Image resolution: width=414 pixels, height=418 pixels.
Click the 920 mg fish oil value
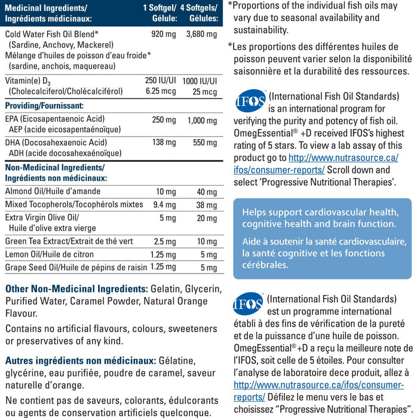click(164, 35)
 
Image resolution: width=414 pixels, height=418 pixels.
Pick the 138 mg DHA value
click(164, 143)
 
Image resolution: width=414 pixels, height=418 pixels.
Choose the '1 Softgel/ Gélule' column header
click(160, 13)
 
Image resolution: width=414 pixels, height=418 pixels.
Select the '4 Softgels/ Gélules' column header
click(200, 13)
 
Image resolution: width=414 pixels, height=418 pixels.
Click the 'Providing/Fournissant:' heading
click(44, 105)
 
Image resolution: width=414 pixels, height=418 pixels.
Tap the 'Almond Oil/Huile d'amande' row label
click(53, 191)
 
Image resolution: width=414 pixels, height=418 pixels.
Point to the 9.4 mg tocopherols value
click(163, 204)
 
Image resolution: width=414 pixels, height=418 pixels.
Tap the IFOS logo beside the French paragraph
click(248, 303)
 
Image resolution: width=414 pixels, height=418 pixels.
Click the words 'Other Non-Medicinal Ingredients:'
click(76, 288)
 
